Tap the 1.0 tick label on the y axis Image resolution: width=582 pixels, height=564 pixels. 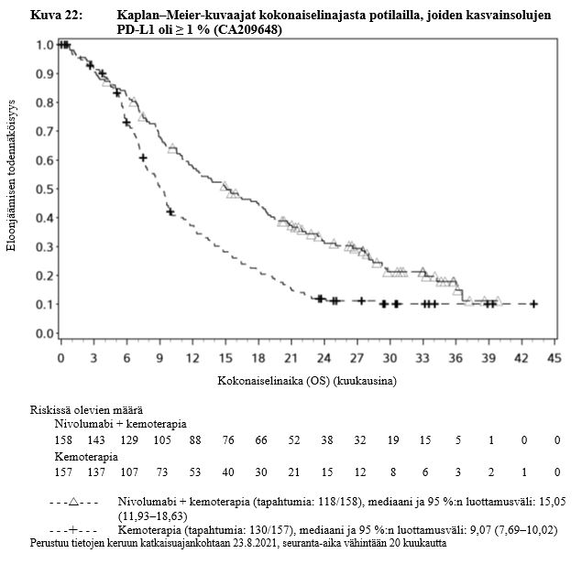click(x=43, y=44)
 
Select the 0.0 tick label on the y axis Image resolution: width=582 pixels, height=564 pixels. click(x=43, y=334)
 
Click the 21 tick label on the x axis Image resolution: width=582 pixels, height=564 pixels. click(x=290, y=357)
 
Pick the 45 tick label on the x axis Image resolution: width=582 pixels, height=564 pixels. click(x=553, y=357)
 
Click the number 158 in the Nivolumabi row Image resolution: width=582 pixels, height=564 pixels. click(x=67, y=440)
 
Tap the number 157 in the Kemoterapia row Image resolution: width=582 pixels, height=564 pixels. click(x=67, y=472)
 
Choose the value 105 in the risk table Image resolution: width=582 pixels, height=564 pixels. click(x=163, y=440)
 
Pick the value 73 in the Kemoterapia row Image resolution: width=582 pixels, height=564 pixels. click(x=163, y=472)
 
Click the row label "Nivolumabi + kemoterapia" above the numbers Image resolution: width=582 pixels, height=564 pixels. click(x=120, y=425)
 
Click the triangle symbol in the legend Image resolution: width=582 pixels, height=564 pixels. click(x=77, y=503)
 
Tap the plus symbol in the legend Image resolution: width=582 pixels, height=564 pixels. click(x=77, y=530)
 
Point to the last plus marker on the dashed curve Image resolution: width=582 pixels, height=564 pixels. click(x=533, y=303)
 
